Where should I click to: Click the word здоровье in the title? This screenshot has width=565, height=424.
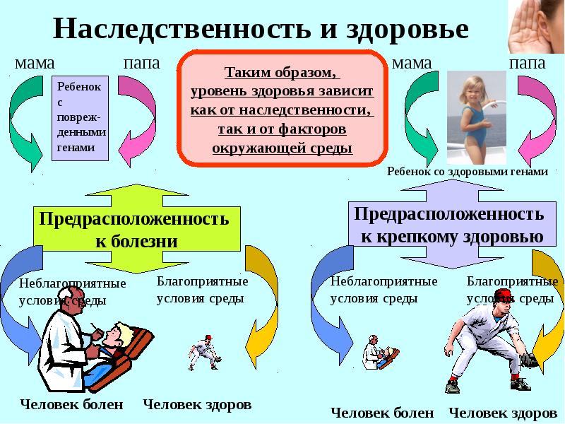(408, 30)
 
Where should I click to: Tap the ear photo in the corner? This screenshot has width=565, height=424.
(536, 26)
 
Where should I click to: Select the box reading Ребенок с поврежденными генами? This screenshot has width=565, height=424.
(80, 118)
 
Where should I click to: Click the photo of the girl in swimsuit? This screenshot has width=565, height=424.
(476, 117)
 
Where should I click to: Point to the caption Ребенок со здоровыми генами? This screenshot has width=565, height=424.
(468, 171)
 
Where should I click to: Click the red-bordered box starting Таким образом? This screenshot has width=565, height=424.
(282, 108)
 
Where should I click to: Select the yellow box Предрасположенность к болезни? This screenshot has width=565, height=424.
(136, 228)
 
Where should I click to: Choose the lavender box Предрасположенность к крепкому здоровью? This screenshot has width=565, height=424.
(452, 224)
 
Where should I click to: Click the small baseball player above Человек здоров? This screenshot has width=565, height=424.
(204, 353)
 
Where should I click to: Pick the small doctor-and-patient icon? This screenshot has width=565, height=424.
(381, 352)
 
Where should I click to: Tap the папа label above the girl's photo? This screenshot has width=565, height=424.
(527, 64)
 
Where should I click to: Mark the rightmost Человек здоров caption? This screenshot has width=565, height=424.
(503, 413)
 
